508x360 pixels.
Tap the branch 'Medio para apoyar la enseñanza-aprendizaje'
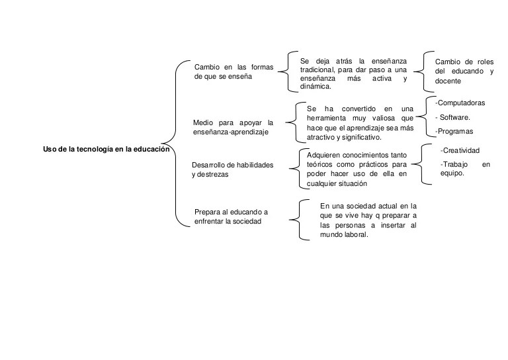(x=233, y=127)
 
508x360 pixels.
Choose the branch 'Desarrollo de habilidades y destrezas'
(x=232, y=169)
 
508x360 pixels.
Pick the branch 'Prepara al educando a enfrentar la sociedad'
(x=232, y=216)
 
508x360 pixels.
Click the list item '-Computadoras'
(x=460, y=103)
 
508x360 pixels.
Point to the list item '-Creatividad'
(x=460, y=151)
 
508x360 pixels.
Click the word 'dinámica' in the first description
(x=316, y=86)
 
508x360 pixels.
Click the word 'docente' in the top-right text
(x=448, y=81)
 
